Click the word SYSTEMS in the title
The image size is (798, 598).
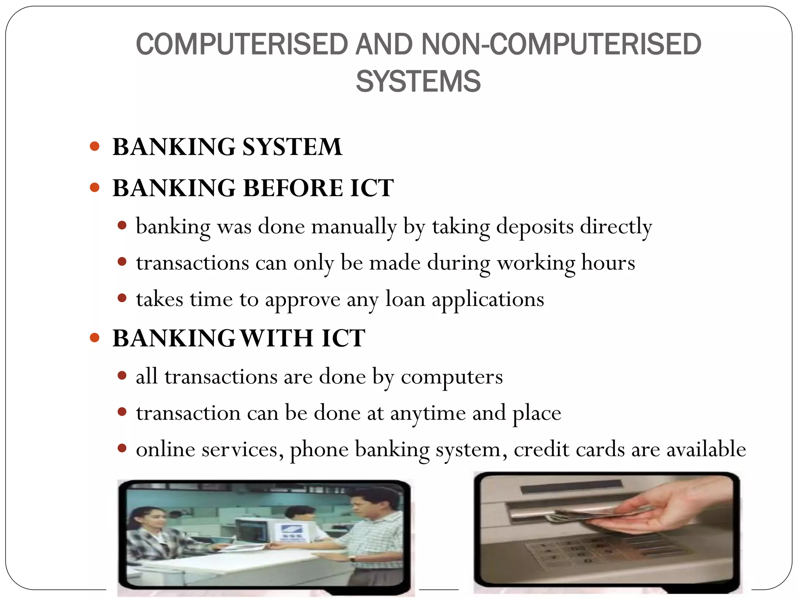(418, 82)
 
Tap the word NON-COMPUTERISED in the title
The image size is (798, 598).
(561, 44)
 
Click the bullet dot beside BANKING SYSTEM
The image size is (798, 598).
(95, 146)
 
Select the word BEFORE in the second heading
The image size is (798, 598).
(293, 188)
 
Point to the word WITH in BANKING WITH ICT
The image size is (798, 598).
(277, 338)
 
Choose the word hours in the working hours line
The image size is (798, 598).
(608, 263)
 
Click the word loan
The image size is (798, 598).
(405, 299)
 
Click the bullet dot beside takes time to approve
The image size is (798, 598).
(122, 298)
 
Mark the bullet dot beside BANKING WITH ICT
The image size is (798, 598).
(95, 337)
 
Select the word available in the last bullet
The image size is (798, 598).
(706, 450)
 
